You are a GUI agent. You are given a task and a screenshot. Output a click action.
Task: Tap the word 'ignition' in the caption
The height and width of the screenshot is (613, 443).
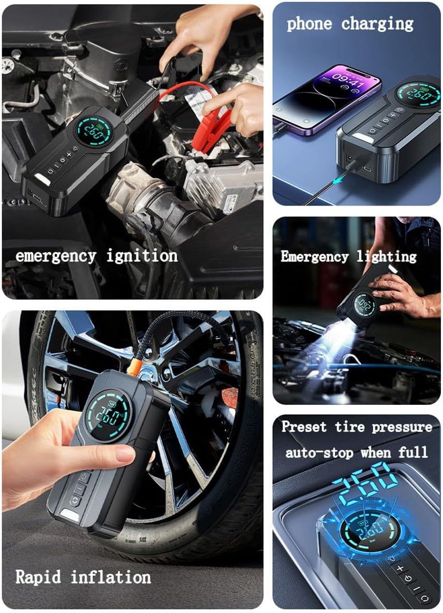(x=142, y=256)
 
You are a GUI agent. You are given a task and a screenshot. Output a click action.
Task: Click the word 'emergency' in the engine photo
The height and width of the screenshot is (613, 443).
(x=56, y=257)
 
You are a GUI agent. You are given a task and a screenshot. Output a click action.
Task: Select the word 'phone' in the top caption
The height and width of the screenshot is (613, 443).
(x=309, y=24)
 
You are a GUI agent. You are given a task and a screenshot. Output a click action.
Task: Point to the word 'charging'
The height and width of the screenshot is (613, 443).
(x=377, y=24)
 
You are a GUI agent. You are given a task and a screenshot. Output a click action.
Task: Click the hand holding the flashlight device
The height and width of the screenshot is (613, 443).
(x=402, y=295)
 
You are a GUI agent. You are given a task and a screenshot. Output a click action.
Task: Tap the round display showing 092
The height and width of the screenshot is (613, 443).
(x=364, y=305)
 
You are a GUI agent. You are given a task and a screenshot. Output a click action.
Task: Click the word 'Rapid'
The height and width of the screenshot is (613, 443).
(x=38, y=577)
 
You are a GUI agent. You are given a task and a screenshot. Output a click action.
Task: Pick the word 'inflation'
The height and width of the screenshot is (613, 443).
(x=111, y=577)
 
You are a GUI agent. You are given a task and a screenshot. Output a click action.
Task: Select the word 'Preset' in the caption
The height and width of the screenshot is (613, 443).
(x=304, y=427)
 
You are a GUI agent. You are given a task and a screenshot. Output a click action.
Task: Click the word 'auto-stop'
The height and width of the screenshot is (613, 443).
(x=319, y=453)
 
